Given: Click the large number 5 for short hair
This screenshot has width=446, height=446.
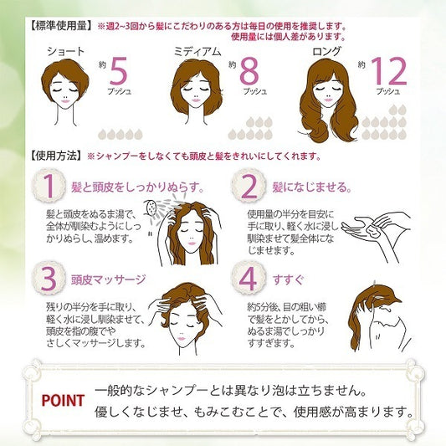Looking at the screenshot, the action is pos(118,71).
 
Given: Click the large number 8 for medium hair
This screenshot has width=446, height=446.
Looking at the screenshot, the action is pos(249,71).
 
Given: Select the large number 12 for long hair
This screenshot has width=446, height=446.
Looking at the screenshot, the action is pos(388,71).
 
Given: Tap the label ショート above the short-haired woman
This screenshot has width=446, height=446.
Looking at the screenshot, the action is pos(66,52).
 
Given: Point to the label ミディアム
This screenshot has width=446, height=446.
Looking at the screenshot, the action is pos(197,52).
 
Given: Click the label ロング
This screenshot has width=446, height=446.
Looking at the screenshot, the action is pos(326,52).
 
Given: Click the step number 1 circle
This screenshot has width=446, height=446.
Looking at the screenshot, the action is pos(49,186).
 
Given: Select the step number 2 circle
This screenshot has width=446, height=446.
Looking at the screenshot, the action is pos(249,186).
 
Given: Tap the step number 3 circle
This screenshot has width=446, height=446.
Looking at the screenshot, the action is pos(49,278).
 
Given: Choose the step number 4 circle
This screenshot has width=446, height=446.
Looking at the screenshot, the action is pos(249,278).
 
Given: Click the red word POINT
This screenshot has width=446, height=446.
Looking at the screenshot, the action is pos(63,401).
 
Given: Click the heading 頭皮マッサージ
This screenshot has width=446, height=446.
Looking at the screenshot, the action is pos(109,279).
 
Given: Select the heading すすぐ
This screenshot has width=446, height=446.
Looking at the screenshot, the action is pos(288,279).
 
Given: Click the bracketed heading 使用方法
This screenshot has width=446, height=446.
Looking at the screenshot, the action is pos(56,156).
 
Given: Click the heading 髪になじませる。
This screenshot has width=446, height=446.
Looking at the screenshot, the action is pos(312,187).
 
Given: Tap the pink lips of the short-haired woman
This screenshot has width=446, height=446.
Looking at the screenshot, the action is pos(65,101).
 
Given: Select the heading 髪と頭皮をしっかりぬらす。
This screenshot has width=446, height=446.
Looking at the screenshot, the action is pos(138,187).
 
